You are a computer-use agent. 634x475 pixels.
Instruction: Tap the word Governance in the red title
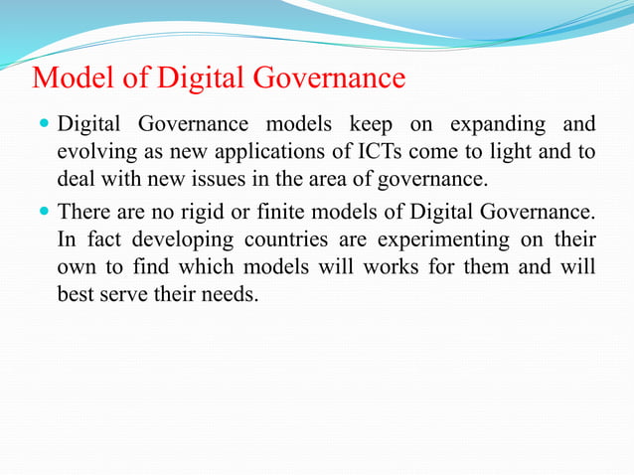327,78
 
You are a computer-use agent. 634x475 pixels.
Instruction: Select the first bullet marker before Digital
44,125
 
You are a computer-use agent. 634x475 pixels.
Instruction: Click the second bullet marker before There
44,212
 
